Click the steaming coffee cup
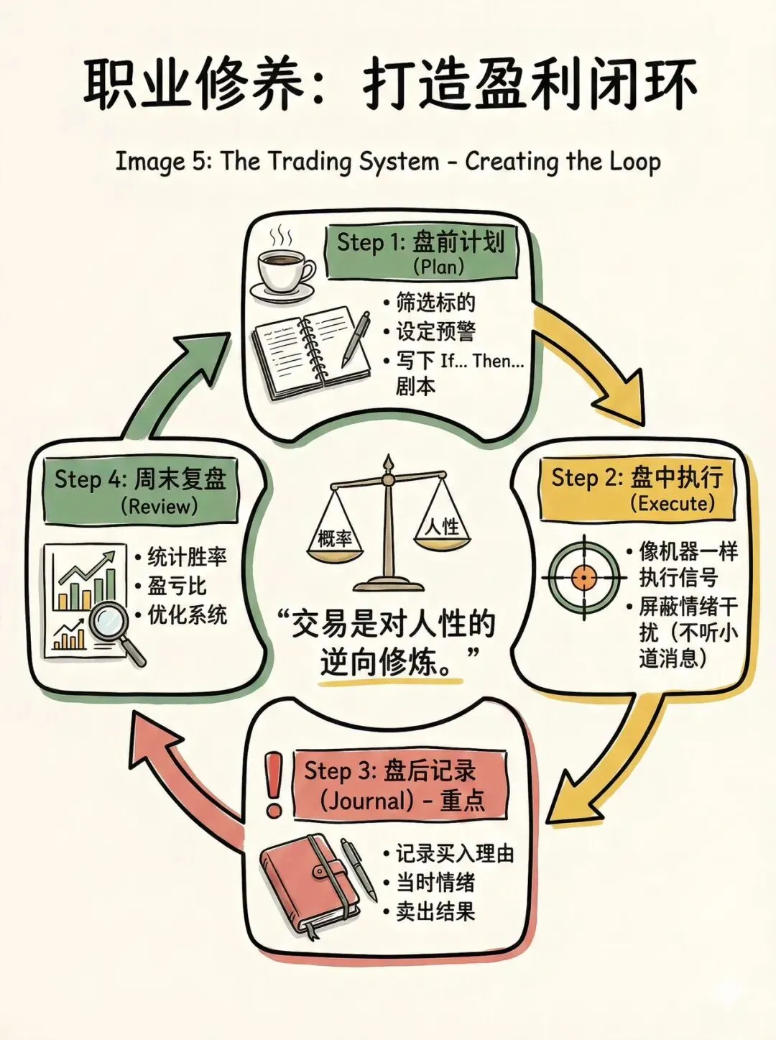pyautogui.click(x=285, y=269)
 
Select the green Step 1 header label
pyautogui.click(x=421, y=252)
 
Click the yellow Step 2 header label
pyautogui.click(x=637, y=488)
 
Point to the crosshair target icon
pyautogui.click(x=583, y=576)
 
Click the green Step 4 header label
pyautogui.click(x=141, y=490)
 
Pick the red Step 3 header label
pyautogui.click(x=399, y=785)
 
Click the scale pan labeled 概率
pyautogui.click(x=336, y=535)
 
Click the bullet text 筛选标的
pyautogui.click(x=435, y=303)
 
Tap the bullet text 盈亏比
pyautogui.click(x=177, y=586)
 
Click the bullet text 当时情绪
pyautogui.click(x=435, y=883)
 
